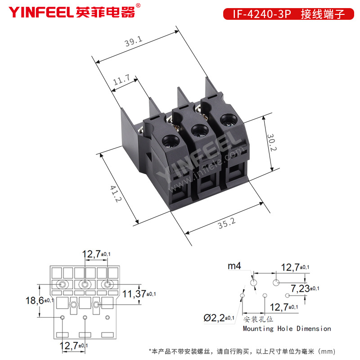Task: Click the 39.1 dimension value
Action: pos(133,41)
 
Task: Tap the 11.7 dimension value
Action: pos(121,80)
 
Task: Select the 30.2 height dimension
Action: pos(272,142)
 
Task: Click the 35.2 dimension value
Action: pos(227,223)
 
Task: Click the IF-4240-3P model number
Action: pos(262,14)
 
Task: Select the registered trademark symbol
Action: pos(138,5)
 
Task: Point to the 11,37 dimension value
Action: pos(134,294)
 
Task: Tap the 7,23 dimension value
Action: pos(300,288)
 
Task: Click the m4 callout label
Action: pos(234,266)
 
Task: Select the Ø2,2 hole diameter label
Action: pos(214,318)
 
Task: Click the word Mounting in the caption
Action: pos(258,329)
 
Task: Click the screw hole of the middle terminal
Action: pos(200,130)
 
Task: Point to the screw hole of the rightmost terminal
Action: pos(229,119)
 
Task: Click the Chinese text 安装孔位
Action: pos(258,319)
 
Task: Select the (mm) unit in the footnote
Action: pos(327,351)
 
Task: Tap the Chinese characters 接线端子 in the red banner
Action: pos(323,14)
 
